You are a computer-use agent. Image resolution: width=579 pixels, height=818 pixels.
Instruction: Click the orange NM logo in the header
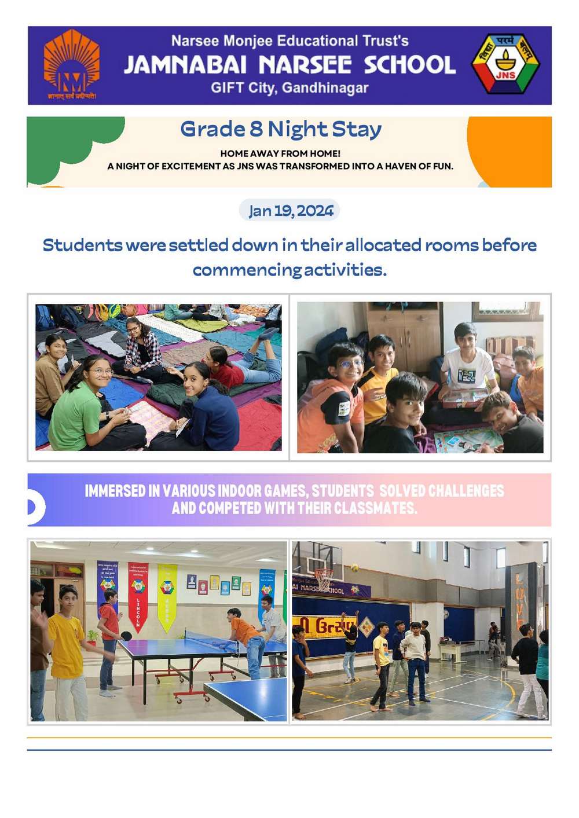(x=71, y=65)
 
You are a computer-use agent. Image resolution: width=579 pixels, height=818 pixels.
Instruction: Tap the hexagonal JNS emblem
(x=505, y=64)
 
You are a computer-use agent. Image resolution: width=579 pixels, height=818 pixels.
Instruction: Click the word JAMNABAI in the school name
(x=185, y=65)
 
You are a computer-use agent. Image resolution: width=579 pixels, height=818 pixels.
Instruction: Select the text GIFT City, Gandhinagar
(x=289, y=88)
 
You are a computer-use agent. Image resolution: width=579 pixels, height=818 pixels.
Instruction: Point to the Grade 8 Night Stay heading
(x=281, y=129)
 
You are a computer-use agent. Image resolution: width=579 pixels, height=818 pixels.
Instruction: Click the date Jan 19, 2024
(x=290, y=211)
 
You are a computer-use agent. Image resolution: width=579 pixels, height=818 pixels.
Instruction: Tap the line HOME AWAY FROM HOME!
(x=280, y=153)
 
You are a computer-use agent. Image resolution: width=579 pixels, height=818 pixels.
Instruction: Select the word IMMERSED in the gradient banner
(x=115, y=491)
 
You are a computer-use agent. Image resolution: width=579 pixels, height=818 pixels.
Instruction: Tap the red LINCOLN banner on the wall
(x=138, y=596)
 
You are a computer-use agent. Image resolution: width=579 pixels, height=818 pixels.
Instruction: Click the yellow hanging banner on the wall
(x=167, y=596)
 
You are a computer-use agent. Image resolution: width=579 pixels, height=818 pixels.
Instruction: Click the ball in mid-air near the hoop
(x=354, y=567)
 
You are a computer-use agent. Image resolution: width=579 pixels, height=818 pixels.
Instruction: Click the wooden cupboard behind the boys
(x=404, y=330)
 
